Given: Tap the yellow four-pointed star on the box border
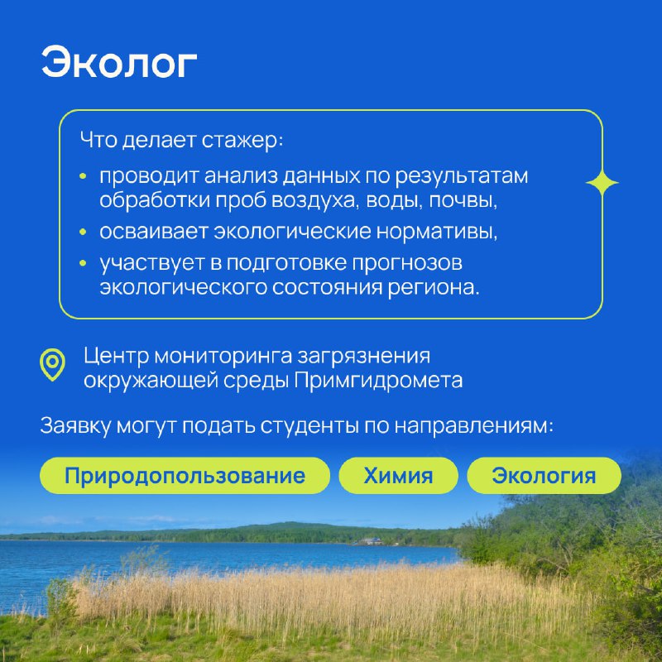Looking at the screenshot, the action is (x=602, y=183).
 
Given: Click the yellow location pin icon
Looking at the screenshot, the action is (x=52, y=365).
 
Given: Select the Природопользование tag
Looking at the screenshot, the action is (x=185, y=475).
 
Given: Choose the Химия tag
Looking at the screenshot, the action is (x=398, y=475).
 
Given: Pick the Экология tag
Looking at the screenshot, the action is (x=544, y=475).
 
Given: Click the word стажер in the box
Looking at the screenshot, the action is (x=242, y=140).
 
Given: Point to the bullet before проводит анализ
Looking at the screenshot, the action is (x=84, y=176).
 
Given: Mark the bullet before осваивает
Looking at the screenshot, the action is (x=84, y=232).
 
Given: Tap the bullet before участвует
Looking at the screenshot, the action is (x=84, y=263).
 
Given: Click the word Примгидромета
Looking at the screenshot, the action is (x=378, y=381).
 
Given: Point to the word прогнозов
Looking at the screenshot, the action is (x=407, y=263).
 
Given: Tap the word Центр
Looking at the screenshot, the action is (x=116, y=356).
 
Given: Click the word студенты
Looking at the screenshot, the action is (x=309, y=425).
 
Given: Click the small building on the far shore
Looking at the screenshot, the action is (x=370, y=541).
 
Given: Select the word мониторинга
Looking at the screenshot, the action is (x=223, y=356).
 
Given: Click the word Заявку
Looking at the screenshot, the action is (x=75, y=425).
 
